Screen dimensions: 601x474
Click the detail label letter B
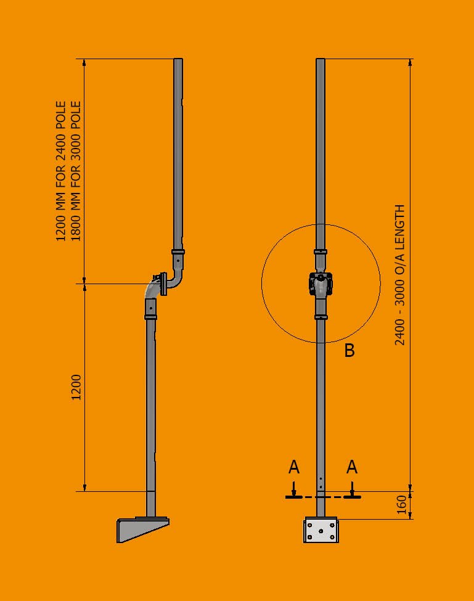(x=349, y=351)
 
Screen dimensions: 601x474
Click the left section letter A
(x=294, y=467)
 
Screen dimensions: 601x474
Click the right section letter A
(x=351, y=467)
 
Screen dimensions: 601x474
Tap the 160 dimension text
(x=401, y=505)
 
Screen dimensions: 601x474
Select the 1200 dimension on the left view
(x=76, y=386)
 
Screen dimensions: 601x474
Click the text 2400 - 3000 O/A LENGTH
(x=400, y=275)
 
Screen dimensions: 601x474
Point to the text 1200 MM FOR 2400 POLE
(x=61, y=171)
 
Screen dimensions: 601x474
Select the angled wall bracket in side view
(x=142, y=529)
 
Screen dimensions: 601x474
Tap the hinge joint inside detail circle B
(x=321, y=284)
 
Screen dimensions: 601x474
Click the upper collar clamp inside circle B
(x=321, y=251)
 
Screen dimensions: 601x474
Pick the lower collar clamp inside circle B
(x=321, y=317)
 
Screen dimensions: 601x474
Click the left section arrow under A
(x=294, y=491)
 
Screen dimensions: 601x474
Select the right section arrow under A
(x=352, y=491)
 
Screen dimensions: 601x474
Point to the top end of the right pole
(x=321, y=60)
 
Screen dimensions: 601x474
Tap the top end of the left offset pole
(x=178, y=60)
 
